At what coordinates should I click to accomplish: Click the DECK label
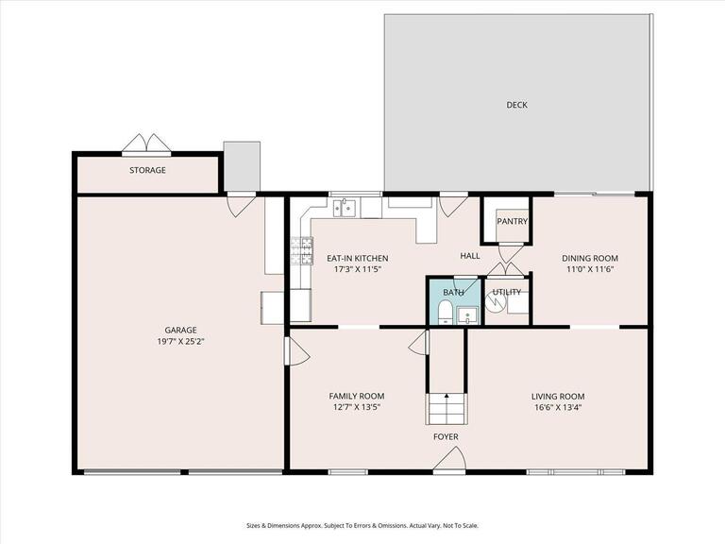pos(516,105)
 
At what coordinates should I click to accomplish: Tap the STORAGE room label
pos(147,170)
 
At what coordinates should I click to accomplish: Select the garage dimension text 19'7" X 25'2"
pos(181,342)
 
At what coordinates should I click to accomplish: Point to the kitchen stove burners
pos(301,250)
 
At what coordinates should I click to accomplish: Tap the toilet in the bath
pos(446,313)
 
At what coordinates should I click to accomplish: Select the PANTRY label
pos(513,222)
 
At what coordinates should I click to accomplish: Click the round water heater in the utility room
pos(496,301)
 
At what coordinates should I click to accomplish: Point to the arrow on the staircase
pos(447,396)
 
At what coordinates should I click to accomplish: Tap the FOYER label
pos(446,436)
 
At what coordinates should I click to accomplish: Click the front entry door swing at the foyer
pos(449,458)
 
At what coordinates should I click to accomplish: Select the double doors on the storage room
pos(146,143)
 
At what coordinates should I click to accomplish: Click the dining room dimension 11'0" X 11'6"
pos(589,270)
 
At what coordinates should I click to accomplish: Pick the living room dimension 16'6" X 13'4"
pos(558,408)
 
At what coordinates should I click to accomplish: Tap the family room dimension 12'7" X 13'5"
pos(357,407)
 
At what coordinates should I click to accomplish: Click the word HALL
pos(470,256)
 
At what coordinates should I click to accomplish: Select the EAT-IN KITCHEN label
pos(358,259)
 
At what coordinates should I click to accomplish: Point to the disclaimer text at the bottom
pos(362,525)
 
